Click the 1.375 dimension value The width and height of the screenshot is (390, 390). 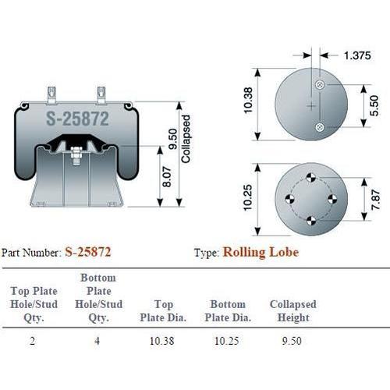click(357, 55)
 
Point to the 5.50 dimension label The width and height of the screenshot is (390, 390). click(374, 105)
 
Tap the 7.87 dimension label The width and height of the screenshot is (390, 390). click(376, 200)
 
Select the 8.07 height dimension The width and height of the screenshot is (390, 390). click(167, 176)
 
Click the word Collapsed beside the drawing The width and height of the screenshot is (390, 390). click(186, 139)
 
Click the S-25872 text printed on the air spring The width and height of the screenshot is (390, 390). click(77, 119)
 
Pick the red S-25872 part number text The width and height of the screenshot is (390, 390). click(88, 252)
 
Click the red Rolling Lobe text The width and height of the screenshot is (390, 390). click(261, 252)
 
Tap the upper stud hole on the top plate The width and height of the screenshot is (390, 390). click(320, 84)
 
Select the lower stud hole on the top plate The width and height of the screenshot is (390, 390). click(320, 127)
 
